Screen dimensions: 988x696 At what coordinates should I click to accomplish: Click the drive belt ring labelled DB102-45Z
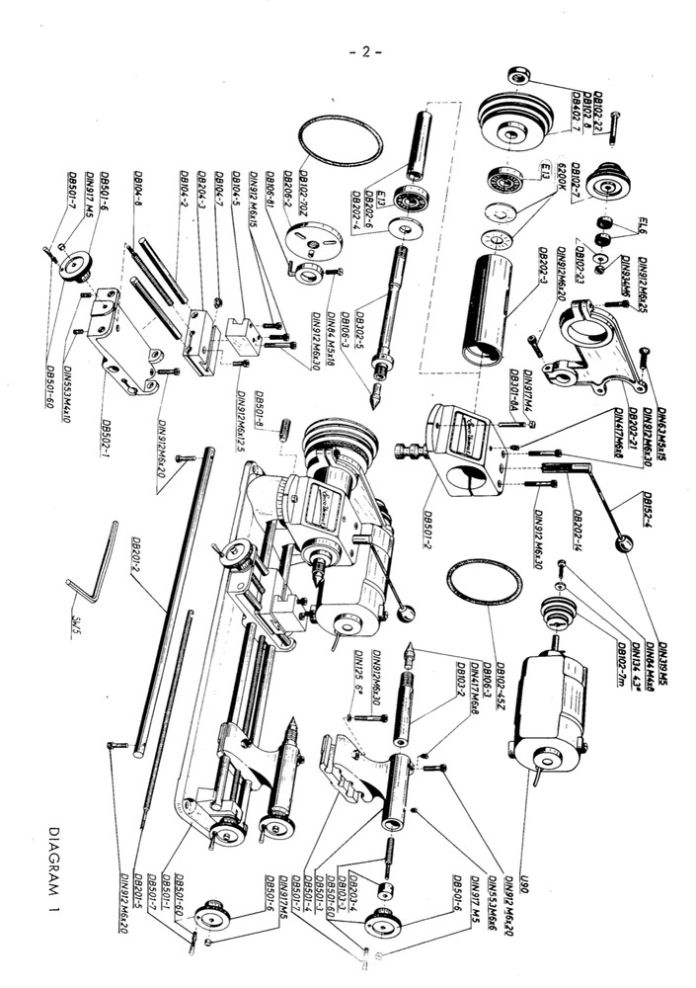point(483,586)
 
